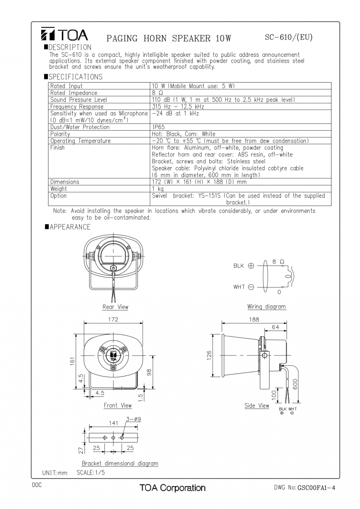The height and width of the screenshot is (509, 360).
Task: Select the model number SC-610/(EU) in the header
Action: (x=288, y=37)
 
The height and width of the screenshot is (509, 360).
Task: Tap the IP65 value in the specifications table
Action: (x=158, y=127)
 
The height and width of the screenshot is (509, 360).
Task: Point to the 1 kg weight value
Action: (x=158, y=189)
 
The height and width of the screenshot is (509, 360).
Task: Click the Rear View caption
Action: (x=115, y=307)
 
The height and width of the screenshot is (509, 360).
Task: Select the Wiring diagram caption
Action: (x=266, y=306)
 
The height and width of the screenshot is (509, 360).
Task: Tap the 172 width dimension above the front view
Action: (x=113, y=319)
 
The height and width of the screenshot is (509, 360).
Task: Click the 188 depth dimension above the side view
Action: (x=254, y=319)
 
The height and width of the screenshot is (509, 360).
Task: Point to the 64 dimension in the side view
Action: (x=276, y=327)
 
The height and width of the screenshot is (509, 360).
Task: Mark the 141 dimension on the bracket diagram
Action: (x=113, y=423)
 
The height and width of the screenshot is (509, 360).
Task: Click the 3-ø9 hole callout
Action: (x=133, y=419)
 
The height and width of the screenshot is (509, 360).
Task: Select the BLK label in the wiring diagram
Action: (x=239, y=266)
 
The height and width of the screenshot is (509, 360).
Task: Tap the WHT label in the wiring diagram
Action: (x=239, y=287)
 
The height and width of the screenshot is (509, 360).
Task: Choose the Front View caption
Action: (x=118, y=406)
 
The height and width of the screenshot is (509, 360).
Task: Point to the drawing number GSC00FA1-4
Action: (x=316, y=488)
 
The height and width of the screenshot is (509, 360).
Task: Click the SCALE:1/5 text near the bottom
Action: (x=90, y=472)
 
